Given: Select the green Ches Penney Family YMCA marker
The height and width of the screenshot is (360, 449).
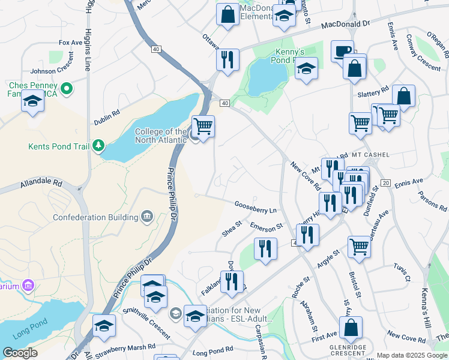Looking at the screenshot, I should [67, 90].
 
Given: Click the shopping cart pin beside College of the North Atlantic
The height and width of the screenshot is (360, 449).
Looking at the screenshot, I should [203, 127].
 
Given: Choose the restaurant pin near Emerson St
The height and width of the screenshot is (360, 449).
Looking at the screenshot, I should [265, 248].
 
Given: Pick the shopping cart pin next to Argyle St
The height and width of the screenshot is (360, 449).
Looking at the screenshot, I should [359, 245].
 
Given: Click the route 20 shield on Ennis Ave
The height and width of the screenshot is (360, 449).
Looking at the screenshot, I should [385, 182].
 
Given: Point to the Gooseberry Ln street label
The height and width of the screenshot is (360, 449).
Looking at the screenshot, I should [256, 210].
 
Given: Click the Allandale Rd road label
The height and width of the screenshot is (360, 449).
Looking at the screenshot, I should [41, 182].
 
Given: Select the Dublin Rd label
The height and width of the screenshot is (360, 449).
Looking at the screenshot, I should [107, 116].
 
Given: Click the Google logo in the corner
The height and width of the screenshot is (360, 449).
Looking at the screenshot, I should [20, 352].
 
